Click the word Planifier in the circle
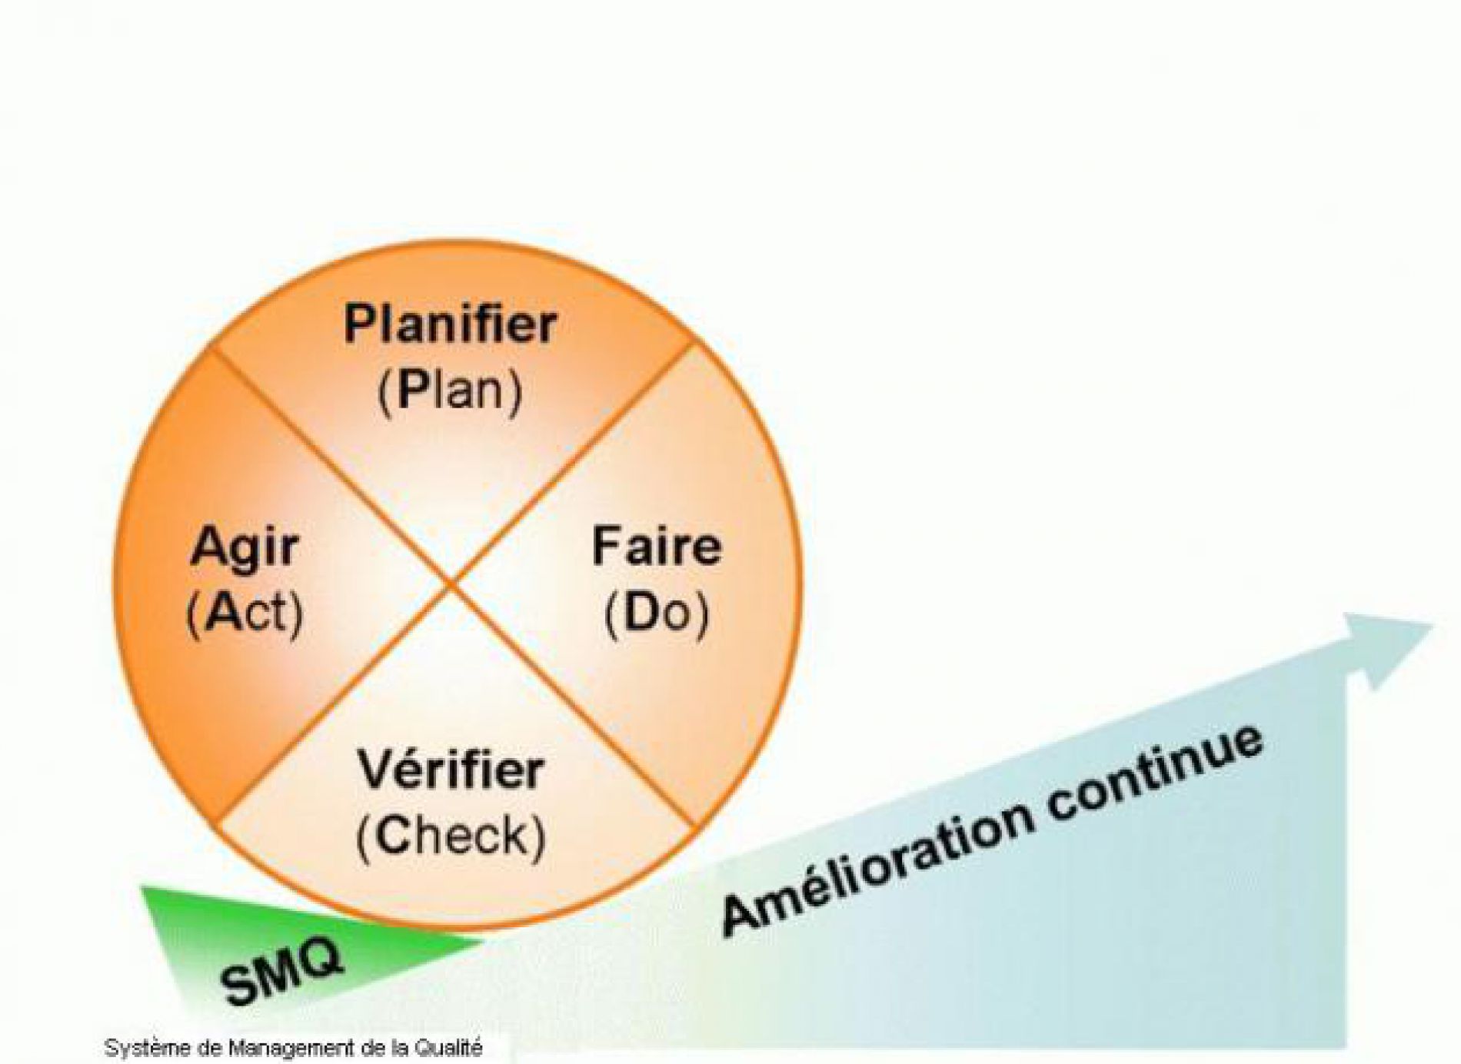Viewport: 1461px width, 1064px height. (450, 325)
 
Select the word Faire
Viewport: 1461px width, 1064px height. (656, 547)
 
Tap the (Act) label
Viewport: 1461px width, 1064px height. (245, 613)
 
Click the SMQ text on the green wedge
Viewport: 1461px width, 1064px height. (281, 971)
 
